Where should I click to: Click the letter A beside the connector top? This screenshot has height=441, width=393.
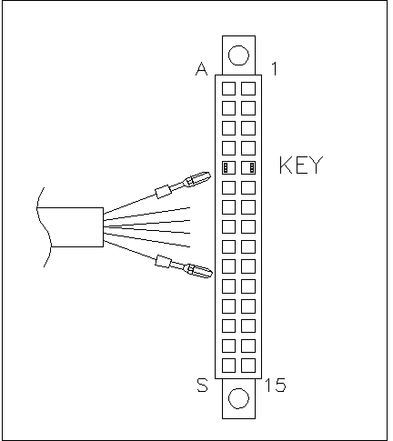point(202,69)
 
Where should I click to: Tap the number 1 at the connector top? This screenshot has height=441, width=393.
point(274,69)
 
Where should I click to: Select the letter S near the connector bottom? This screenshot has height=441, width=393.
point(203,385)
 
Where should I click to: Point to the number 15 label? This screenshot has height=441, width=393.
point(276,385)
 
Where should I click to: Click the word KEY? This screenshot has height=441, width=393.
point(301,165)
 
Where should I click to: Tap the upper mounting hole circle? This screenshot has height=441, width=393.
point(238,55)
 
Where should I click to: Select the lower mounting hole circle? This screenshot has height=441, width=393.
point(238,398)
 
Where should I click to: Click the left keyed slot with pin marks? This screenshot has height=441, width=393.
point(228,167)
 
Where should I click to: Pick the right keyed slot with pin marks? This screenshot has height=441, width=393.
point(248,167)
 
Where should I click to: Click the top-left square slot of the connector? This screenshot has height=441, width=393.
point(228,88)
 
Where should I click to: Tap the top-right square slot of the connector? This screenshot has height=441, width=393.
point(248,88)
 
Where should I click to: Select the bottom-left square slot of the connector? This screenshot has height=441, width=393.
point(228,366)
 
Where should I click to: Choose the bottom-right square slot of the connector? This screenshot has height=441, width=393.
point(248,366)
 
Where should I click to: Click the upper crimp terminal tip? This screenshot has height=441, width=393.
point(209,175)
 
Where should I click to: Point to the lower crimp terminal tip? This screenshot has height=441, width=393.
point(210,274)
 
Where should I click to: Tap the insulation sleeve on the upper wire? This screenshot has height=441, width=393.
point(163,192)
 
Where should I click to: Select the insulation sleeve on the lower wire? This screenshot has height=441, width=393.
point(164,261)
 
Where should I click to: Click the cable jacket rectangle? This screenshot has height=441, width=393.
point(70,227)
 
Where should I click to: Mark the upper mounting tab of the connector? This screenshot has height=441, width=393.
point(238,55)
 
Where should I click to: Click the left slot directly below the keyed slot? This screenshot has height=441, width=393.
point(228,187)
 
